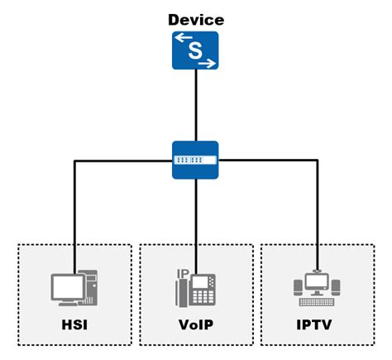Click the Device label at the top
click(195, 19)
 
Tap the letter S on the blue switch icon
click(196, 50)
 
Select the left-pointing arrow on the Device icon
click(183, 38)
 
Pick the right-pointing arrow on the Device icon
click(208, 63)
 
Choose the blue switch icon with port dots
click(196, 160)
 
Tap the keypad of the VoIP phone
click(202, 295)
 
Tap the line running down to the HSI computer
click(74, 215)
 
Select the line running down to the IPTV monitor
click(318, 215)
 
